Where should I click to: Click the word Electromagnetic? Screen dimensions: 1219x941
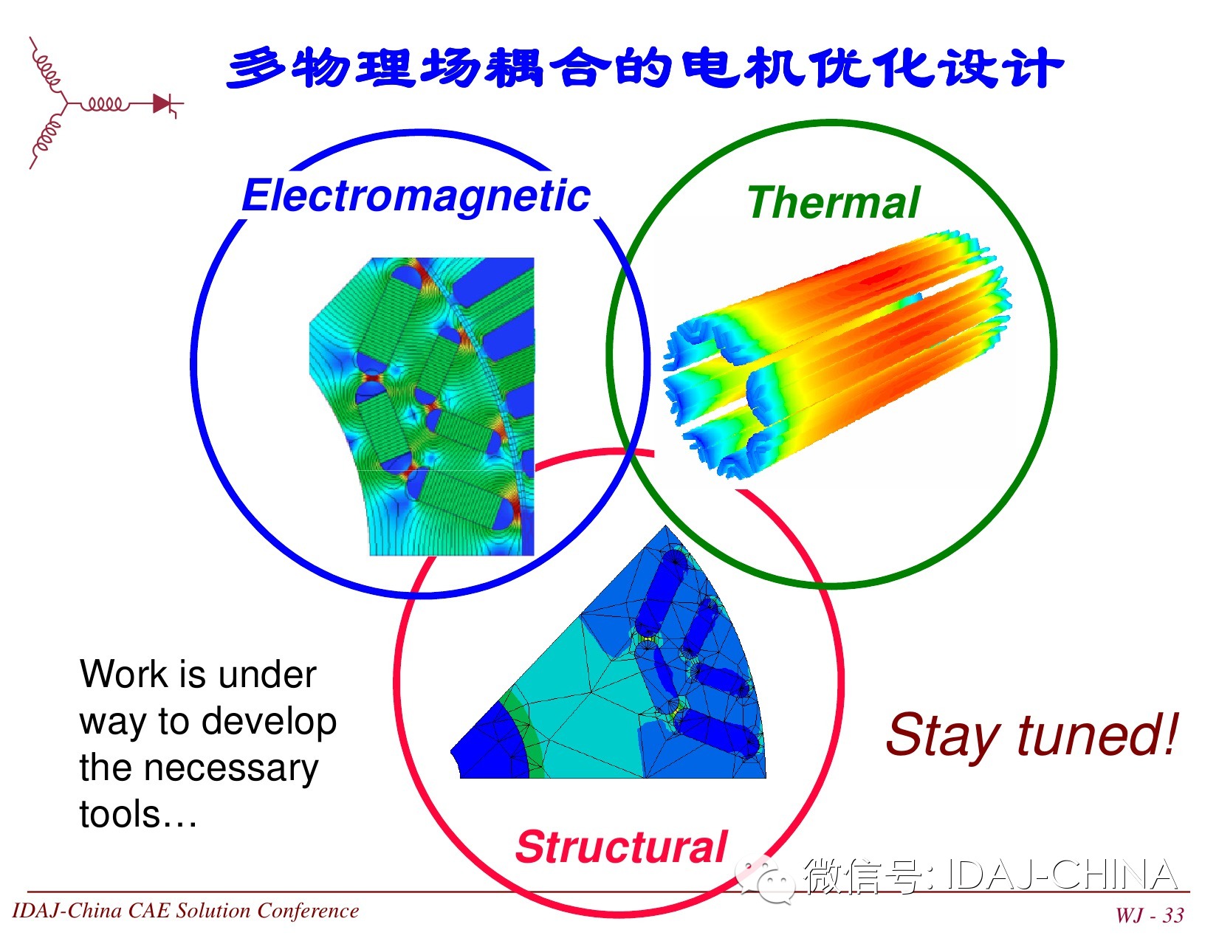pos(416,197)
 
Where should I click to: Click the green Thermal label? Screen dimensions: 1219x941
pos(834,202)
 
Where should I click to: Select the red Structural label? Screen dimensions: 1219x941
pos(621,847)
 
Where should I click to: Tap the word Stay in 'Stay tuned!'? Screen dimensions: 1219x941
pos(943,737)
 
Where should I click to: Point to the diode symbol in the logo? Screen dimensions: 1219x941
pos(163,103)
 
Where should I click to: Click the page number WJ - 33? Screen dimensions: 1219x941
pos(1150,915)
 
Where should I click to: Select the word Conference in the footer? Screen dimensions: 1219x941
pos(308,911)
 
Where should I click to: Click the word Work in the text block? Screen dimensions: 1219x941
pos(123,674)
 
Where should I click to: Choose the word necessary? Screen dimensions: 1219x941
pos(231,769)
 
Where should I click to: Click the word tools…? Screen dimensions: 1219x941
pos(138,814)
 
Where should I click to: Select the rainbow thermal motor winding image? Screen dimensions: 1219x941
pos(837,354)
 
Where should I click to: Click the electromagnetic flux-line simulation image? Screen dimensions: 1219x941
pos(422,407)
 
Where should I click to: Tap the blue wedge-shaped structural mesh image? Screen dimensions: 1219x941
pos(608,652)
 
